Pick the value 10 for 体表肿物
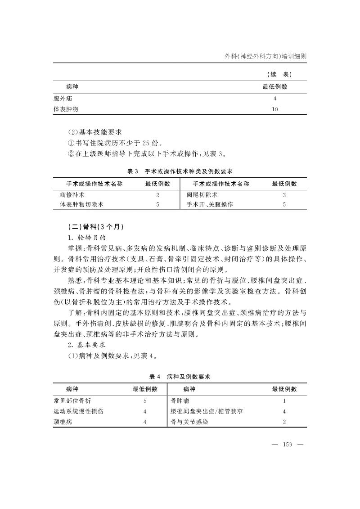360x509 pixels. click(274, 109)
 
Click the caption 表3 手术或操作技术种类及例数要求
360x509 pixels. click(180, 171)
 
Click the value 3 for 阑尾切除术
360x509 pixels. click(284, 195)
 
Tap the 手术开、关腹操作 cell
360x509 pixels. click(210, 204)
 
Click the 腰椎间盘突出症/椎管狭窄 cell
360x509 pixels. click(207, 411)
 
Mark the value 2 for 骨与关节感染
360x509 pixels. click(284, 422)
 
